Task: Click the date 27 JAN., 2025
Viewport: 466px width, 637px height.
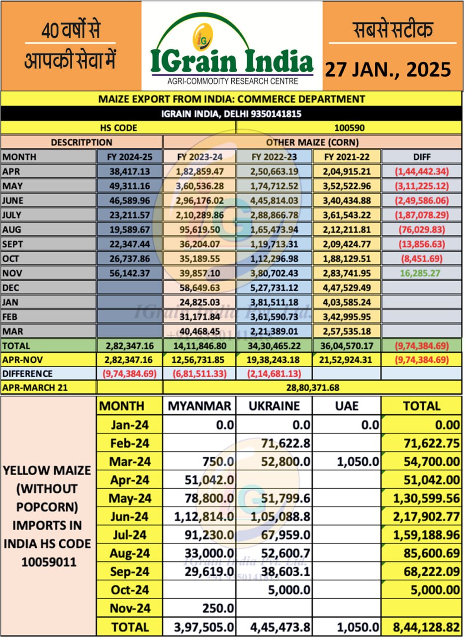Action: (x=388, y=70)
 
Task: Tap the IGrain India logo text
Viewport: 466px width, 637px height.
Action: (x=232, y=62)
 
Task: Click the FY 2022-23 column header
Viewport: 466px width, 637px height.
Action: (x=274, y=157)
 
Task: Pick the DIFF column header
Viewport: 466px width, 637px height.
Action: (x=421, y=157)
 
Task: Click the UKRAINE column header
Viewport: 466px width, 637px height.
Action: (x=274, y=406)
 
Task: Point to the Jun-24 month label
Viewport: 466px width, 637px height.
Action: (x=129, y=517)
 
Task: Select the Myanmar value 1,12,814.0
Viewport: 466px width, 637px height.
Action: (x=204, y=517)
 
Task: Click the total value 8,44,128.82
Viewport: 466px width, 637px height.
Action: (x=424, y=627)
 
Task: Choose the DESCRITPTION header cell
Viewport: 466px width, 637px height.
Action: (x=82, y=142)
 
